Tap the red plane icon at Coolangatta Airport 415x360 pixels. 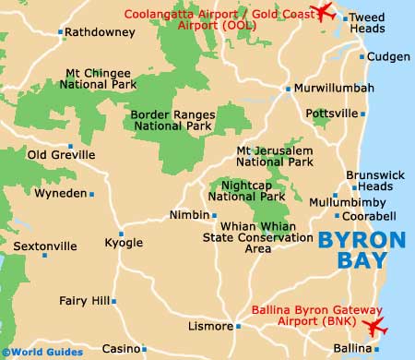(324, 12)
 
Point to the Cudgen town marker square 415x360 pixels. (360, 57)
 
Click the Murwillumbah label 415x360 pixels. (335, 89)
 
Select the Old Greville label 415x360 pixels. (61, 155)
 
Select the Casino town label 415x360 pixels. (120, 349)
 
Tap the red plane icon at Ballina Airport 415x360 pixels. (375, 327)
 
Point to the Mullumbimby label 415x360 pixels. (321, 201)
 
